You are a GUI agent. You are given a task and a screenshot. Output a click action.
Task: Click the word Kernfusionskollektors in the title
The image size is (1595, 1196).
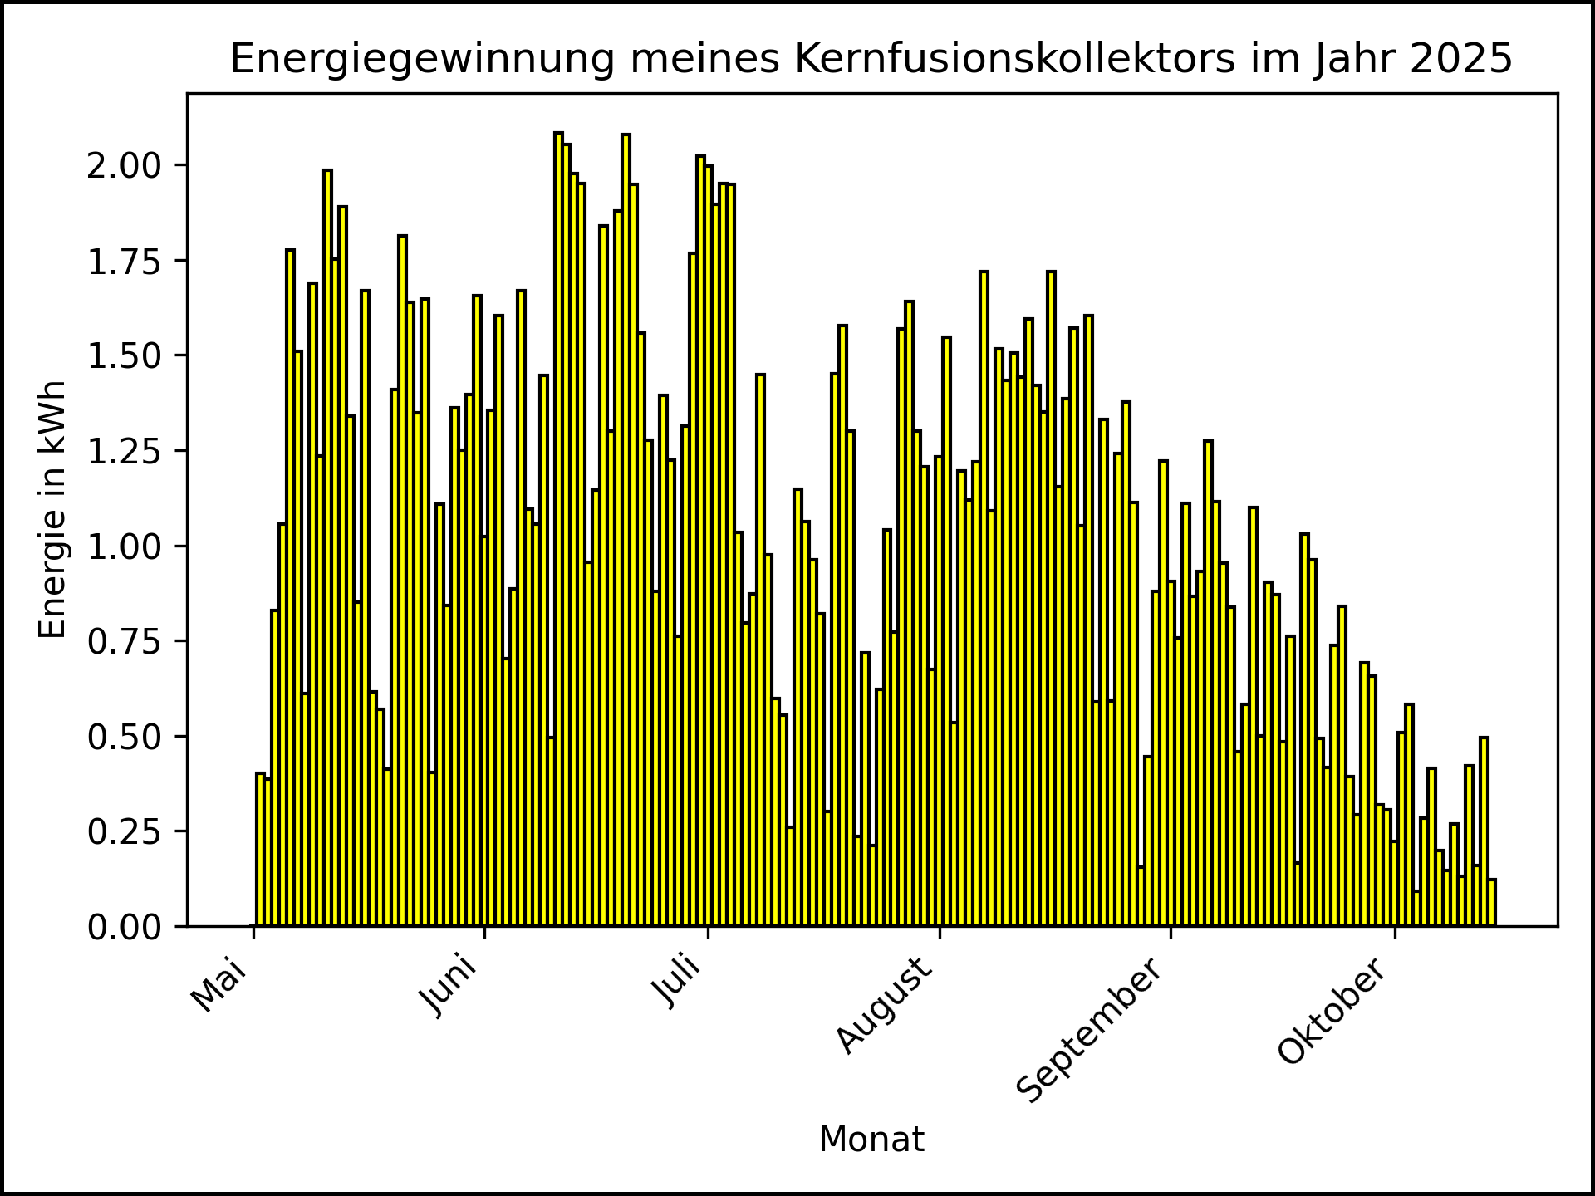[1015, 60]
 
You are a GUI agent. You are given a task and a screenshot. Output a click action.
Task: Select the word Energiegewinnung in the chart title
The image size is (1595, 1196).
[422, 60]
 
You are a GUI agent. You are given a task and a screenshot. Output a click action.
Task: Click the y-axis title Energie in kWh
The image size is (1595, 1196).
[52, 509]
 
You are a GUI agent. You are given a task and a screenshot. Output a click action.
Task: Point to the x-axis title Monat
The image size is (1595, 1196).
[871, 1140]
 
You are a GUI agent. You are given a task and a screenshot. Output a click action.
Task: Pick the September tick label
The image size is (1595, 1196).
[1090, 1030]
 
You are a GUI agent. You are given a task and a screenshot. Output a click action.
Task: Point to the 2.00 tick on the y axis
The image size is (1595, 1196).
[125, 165]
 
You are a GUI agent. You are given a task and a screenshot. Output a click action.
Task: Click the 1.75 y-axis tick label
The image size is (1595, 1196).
[125, 261]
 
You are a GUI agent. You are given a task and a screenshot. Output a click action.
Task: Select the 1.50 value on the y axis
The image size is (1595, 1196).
[125, 356]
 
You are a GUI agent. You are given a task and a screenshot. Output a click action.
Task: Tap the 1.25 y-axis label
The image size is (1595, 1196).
[125, 451]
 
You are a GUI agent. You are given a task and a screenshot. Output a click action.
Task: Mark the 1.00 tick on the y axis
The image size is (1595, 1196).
[125, 547]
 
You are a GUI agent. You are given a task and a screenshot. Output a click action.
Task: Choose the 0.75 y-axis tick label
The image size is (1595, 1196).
[125, 641]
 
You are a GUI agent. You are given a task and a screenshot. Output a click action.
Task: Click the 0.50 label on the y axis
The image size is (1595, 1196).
[125, 737]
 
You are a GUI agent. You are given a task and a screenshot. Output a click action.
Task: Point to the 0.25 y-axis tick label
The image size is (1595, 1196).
[125, 831]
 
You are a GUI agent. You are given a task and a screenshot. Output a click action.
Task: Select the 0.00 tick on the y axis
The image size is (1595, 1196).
[125, 927]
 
